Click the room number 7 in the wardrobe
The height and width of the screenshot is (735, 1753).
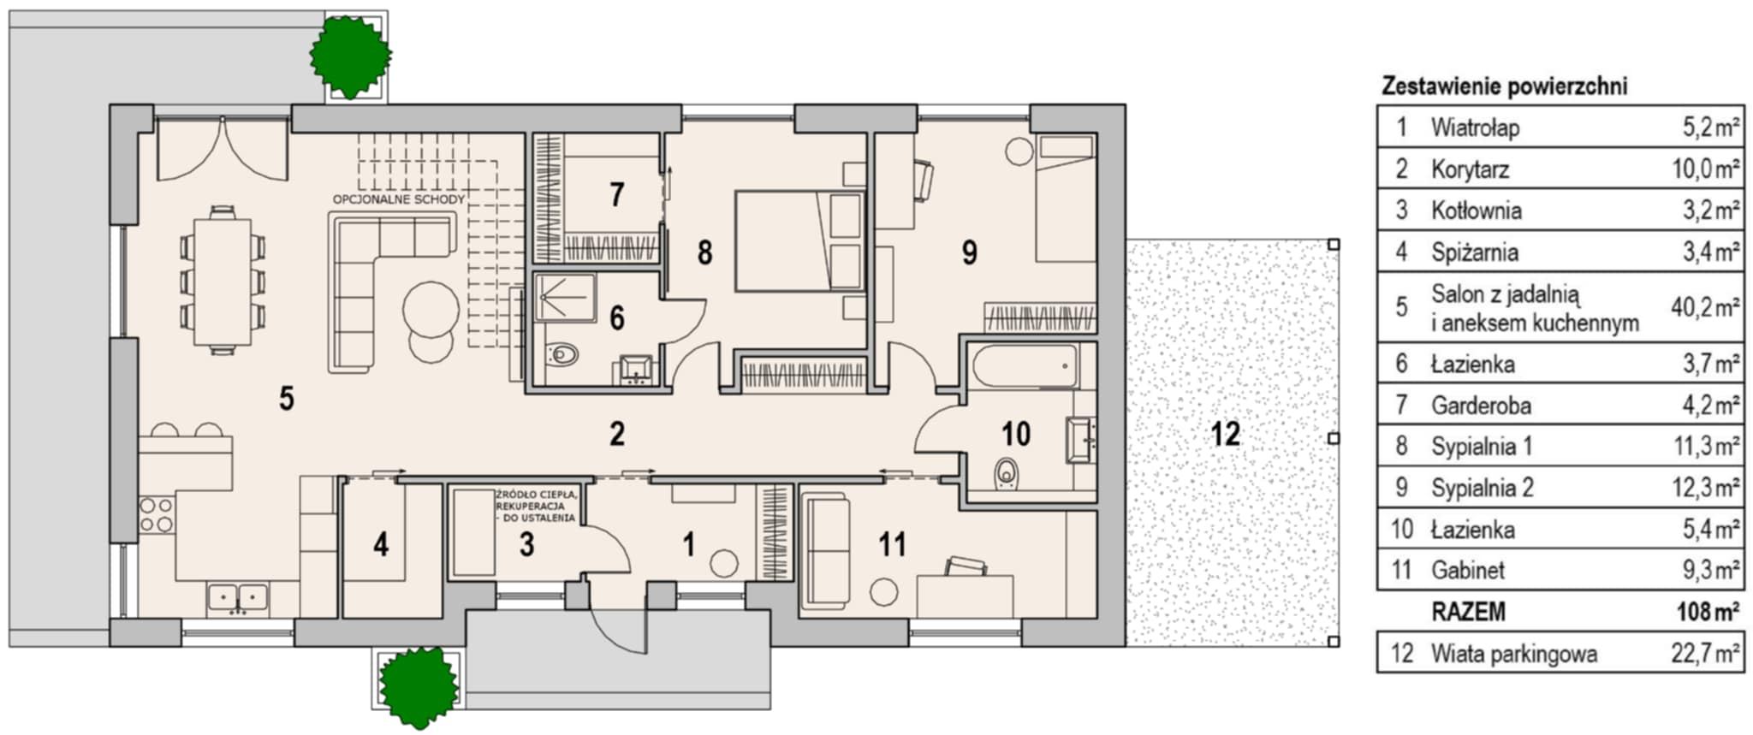(x=616, y=195)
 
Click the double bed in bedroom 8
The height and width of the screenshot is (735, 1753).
(x=799, y=240)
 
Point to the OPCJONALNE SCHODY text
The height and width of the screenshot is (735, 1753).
(x=399, y=199)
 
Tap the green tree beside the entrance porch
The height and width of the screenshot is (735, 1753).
(x=419, y=686)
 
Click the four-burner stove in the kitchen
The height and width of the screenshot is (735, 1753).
(x=157, y=515)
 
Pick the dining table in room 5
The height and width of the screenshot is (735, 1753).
(x=223, y=282)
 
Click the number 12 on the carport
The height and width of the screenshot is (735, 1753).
(x=1225, y=434)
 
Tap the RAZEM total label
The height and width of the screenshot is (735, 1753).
(x=1468, y=612)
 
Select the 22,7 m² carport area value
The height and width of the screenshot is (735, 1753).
(x=1705, y=654)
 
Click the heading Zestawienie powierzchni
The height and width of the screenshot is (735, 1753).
(x=1505, y=86)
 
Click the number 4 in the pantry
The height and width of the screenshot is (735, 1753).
(x=381, y=543)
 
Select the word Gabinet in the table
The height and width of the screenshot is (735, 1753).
(x=1468, y=570)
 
